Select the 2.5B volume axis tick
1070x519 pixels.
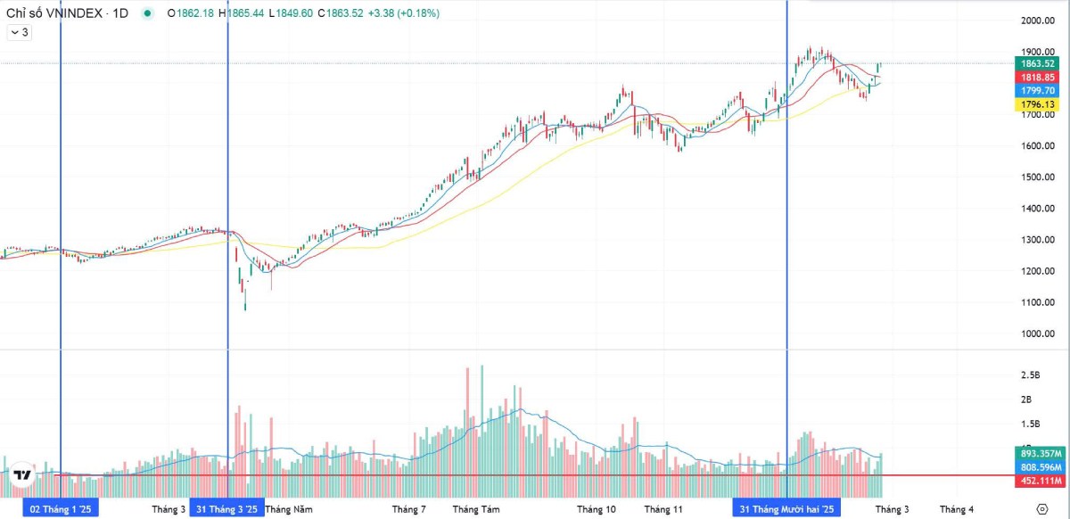click(1032, 375)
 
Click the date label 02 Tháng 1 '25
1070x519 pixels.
click(61, 509)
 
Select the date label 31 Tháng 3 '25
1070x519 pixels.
click(227, 509)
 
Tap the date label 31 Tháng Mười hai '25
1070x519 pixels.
click(786, 509)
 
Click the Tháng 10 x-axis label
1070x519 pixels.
click(596, 509)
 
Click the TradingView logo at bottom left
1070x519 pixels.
click(23, 475)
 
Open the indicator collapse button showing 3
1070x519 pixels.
click(19, 32)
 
